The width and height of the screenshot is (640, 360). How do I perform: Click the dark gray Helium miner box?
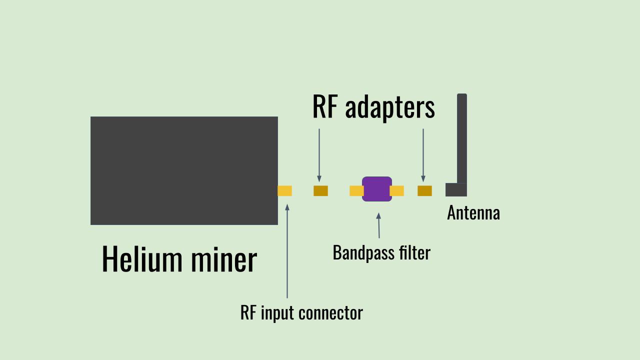pos(184,170)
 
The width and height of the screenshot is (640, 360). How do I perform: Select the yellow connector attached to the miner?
pos(284,190)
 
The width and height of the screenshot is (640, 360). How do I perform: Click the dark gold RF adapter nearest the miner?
pos(320,190)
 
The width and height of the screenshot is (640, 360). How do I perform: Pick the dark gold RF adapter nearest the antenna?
pos(424,190)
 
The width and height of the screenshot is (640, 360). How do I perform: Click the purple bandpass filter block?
pos(377,189)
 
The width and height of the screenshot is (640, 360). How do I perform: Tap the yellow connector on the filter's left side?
pos(355,190)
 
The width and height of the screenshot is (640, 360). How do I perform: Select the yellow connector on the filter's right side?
pos(397,190)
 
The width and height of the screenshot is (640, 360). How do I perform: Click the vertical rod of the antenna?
pos(461,137)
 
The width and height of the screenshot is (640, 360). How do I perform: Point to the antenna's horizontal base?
pos(455,190)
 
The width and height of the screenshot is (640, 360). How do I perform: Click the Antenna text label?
pos(473,213)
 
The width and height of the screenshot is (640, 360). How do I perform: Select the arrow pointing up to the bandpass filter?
pos(378,225)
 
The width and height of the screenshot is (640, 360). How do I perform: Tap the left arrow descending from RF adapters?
pos(319,155)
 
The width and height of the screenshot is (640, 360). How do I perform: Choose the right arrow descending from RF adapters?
pos(423,155)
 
